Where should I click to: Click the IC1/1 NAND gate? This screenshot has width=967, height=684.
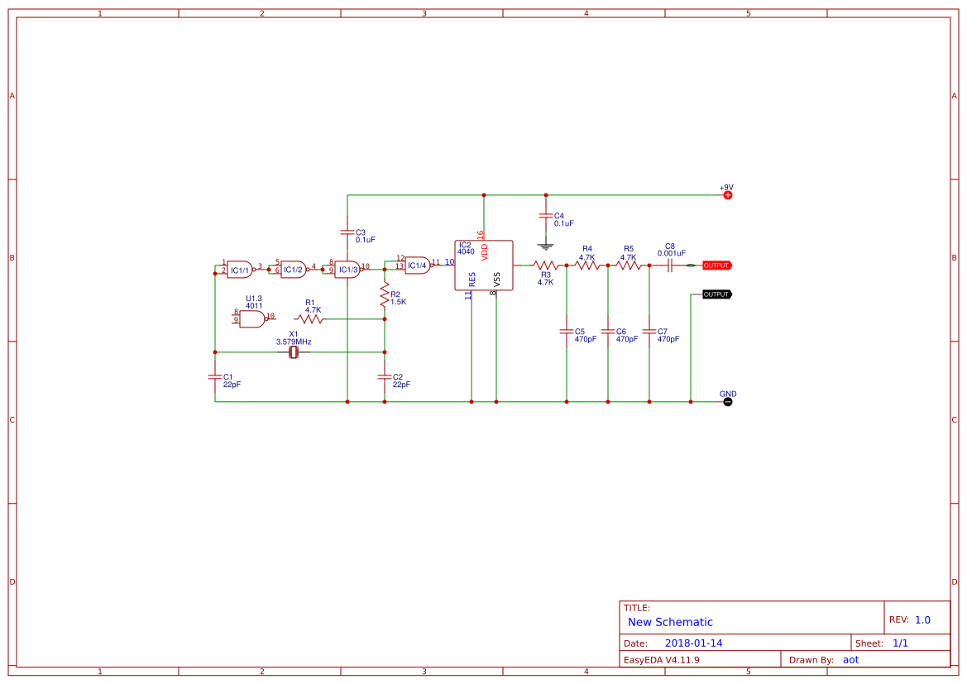[240, 270]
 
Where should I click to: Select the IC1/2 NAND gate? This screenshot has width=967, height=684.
[293, 270]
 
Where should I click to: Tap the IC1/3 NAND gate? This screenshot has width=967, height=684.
[347, 270]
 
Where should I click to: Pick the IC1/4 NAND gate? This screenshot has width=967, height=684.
[417, 265]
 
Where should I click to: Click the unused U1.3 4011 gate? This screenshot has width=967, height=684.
[251, 318]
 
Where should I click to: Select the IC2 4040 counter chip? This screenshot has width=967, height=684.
[484, 265]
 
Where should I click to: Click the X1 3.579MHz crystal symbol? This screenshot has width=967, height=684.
[293, 353]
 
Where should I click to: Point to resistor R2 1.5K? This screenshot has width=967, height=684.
[385, 294]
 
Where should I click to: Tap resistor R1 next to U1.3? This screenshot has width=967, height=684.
[310, 318]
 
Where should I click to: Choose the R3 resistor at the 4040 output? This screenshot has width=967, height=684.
[545, 265]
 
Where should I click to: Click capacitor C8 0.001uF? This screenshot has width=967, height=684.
[670, 265]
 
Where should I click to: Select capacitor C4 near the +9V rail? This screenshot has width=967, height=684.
[545, 217]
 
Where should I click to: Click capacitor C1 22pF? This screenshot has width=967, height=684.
[215, 377]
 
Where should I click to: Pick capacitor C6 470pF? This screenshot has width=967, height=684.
[608, 332]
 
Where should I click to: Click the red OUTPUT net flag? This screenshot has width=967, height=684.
[716, 265]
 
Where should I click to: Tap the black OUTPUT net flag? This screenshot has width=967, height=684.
[716, 294]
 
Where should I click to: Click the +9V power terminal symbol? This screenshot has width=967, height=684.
[728, 195]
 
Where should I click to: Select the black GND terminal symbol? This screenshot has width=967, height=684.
[728, 402]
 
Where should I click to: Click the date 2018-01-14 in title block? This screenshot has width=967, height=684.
[693, 643]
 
